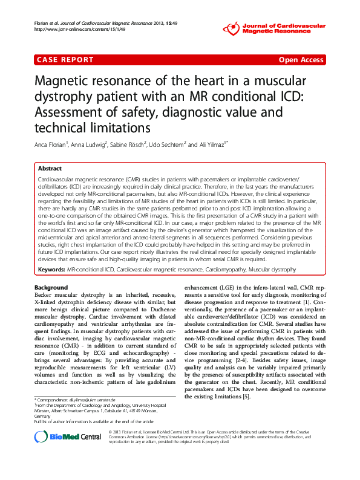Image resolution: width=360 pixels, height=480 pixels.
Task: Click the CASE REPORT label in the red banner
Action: click(65, 60)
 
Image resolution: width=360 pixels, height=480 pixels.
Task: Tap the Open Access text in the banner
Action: click(301, 60)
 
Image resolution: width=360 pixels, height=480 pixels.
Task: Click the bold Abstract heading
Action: click(50, 169)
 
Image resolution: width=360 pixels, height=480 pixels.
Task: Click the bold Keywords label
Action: click(51, 268)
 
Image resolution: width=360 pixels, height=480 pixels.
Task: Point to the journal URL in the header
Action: click(71, 29)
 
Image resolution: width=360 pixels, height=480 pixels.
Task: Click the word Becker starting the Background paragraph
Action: click(45, 296)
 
